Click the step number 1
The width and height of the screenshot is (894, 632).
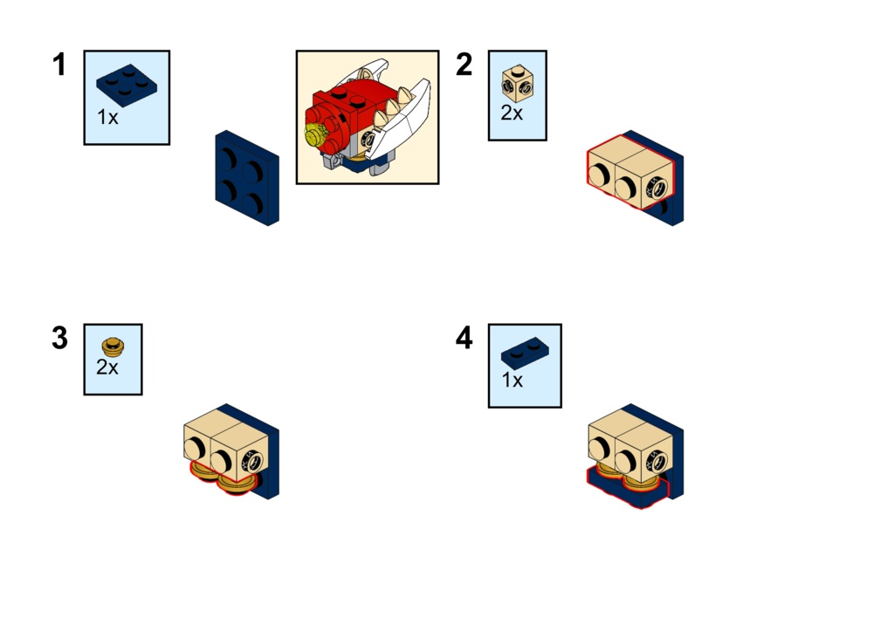coord(59,65)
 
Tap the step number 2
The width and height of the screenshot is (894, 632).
coord(464,65)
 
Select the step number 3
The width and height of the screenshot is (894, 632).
coord(60,338)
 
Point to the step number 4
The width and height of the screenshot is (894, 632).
coord(464,338)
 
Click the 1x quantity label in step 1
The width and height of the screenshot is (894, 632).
coord(107,117)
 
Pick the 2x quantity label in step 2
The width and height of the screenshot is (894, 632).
coord(512,113)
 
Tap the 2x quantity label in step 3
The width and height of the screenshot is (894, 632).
coord(107,367)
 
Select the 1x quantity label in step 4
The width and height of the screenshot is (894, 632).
coord(512,380)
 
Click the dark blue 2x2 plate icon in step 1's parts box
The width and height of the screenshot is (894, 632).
coord(127,85)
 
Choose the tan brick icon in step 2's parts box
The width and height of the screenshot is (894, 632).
coord(518,85)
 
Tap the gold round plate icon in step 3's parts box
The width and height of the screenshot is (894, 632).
coord(113,347)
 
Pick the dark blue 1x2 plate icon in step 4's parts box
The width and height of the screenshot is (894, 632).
coord(525,352)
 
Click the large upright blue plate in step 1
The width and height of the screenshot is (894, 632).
coord(247,178)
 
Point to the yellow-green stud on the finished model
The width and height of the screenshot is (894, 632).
coord(314,136)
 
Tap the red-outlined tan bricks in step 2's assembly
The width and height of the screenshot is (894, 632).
coord(630,171)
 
